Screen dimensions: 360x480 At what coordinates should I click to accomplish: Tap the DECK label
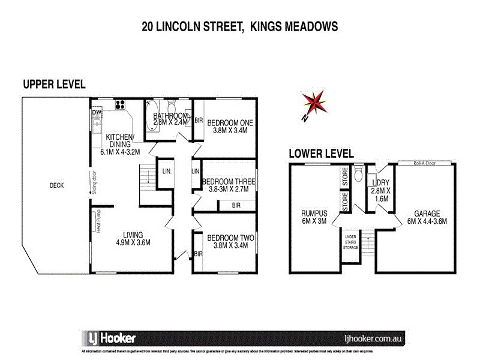click(56, 185)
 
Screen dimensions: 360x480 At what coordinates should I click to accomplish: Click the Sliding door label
click(95, 184)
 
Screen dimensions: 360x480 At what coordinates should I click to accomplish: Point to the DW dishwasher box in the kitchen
click(97, 112)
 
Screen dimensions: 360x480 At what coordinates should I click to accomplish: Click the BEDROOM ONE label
click(230, 122)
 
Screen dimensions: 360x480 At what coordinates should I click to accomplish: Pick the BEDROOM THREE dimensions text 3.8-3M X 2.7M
click(229, 189)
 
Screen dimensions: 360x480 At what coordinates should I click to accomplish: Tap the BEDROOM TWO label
click(230, 238)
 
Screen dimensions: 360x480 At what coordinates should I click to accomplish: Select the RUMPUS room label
click(313, 213)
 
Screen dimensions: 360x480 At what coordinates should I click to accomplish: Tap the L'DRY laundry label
click(380, 182)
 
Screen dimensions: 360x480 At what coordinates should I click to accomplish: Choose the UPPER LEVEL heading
click(54, 85)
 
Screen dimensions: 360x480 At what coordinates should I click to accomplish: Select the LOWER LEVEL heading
click(321, 153)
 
